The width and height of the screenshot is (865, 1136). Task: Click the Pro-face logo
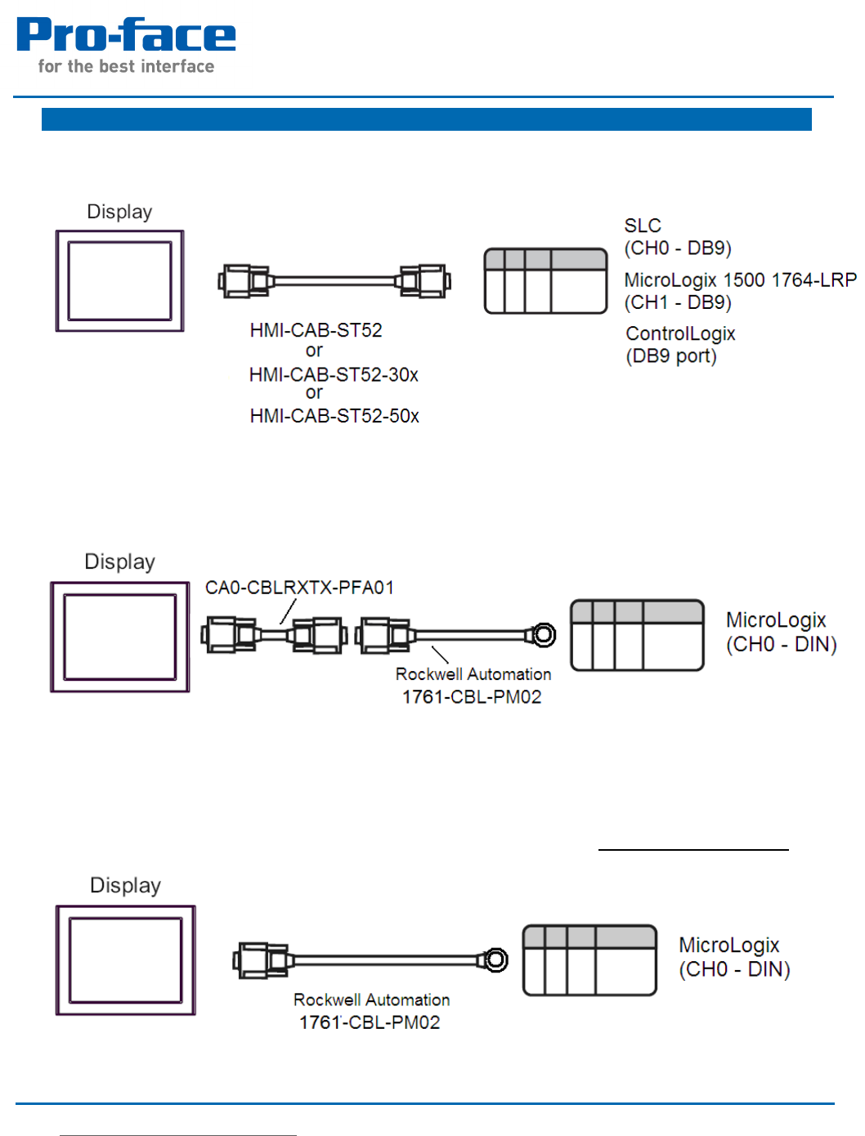click(x=126, y=36)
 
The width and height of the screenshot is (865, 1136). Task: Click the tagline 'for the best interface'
click(x=126, y=67)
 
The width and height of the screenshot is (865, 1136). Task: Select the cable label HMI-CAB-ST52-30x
click(x=334, y=375)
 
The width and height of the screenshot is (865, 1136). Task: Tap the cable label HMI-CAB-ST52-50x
click(x=334, y=416)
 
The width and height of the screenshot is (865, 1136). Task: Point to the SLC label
click(x=643, y=226)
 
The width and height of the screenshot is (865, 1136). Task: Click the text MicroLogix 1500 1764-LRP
click(x=740, y=280)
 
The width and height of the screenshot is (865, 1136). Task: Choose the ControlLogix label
click(x=680, y=333)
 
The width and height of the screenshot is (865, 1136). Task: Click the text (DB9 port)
click(x=671, y=356)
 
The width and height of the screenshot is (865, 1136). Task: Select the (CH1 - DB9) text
click(x=678, y=302)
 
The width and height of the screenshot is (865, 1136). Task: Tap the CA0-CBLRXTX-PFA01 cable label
click(x=299, y=588)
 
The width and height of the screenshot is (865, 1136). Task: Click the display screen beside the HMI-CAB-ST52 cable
click(x=119, y=281)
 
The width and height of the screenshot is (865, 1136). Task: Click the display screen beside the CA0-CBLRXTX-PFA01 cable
click(x=120, y=637)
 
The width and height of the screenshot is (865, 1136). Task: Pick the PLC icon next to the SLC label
click(x=545, y=281)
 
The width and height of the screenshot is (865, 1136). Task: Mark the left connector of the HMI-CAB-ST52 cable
click(x=244, y=281)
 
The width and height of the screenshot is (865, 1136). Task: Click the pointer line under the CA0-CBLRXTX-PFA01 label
click(x=288, y=611)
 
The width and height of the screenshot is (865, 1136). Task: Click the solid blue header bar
click(x=426, y=119)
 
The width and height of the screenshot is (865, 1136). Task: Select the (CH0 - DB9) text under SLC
click(x=678, y=248)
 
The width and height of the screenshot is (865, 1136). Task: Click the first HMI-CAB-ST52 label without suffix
click(x=316, y=330)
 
